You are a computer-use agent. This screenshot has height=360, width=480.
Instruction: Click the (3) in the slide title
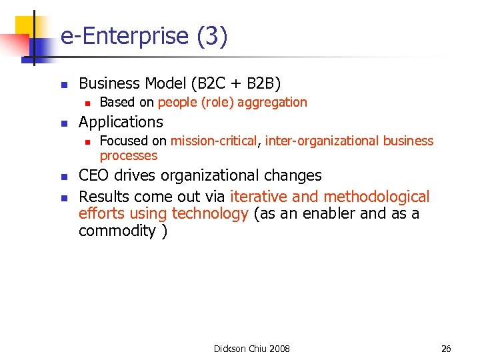(212, 37)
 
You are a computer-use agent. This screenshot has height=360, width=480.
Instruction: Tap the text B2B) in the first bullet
(264, 83)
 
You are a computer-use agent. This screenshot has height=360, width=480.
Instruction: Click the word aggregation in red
(273, 102)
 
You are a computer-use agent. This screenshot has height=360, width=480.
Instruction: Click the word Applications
(121, 122)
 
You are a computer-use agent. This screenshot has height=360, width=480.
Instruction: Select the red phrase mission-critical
(214, 141)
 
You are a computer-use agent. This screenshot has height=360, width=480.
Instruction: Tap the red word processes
(129, 155)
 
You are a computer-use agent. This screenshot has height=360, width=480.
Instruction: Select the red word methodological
(377, 197)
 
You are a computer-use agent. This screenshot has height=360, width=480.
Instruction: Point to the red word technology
(210, 213)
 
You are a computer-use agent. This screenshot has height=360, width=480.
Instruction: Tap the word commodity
(117, 231)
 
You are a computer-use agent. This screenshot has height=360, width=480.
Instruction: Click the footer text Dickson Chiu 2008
(251, 349)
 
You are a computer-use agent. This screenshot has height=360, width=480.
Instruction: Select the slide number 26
(446, 349)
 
